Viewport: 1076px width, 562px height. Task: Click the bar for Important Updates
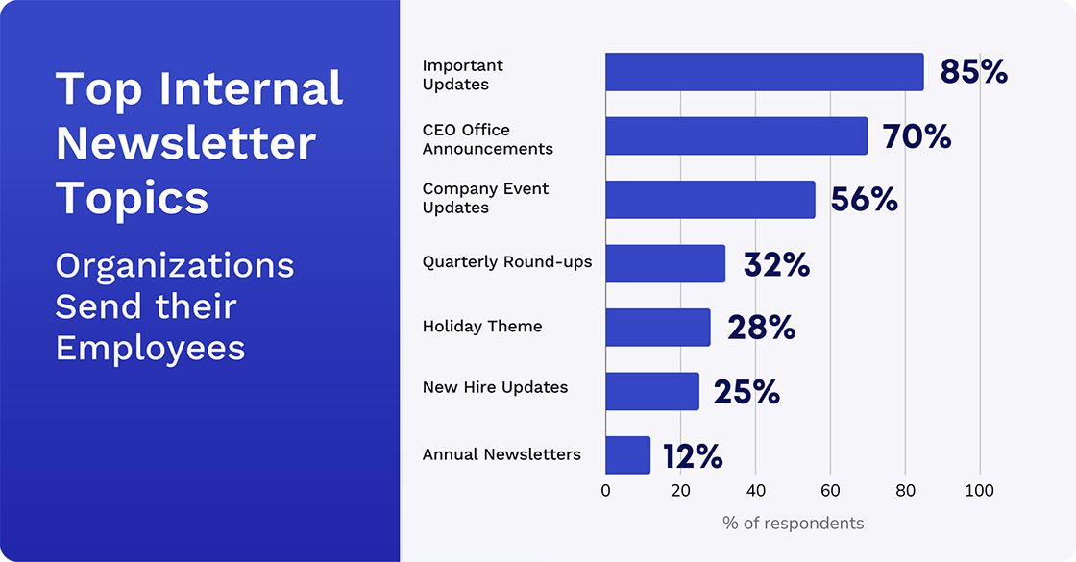pos(764,72)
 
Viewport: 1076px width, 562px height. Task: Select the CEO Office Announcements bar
pos(736,136)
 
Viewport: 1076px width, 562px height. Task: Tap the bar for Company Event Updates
pos(710,200)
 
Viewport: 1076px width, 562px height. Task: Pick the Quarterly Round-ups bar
pos(665,263)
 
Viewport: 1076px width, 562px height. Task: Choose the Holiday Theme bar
pos(657,328)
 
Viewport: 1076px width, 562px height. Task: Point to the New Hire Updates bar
pos(651,391)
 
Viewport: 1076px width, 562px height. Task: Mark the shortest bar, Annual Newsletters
pos(627,455)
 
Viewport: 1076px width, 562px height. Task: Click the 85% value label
pos(973,72)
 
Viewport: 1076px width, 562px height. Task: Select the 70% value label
pos(917,136)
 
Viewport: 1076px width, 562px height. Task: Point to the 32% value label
pos(776,264)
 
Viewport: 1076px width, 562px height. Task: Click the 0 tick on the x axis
pos(605,491)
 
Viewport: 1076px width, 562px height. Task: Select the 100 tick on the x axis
pos(980,491)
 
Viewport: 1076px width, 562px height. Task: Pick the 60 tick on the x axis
pos(830,491)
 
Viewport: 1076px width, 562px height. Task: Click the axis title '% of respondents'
pos(793,524)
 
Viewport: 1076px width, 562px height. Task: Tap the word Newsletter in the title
pos(185,144)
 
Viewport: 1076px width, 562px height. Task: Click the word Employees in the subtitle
pos(150,348)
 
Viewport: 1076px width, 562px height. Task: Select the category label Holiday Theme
pos(482,327)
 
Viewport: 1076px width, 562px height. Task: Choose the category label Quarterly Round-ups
pos(507,262)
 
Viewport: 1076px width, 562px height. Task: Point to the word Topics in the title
pos(132,199)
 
